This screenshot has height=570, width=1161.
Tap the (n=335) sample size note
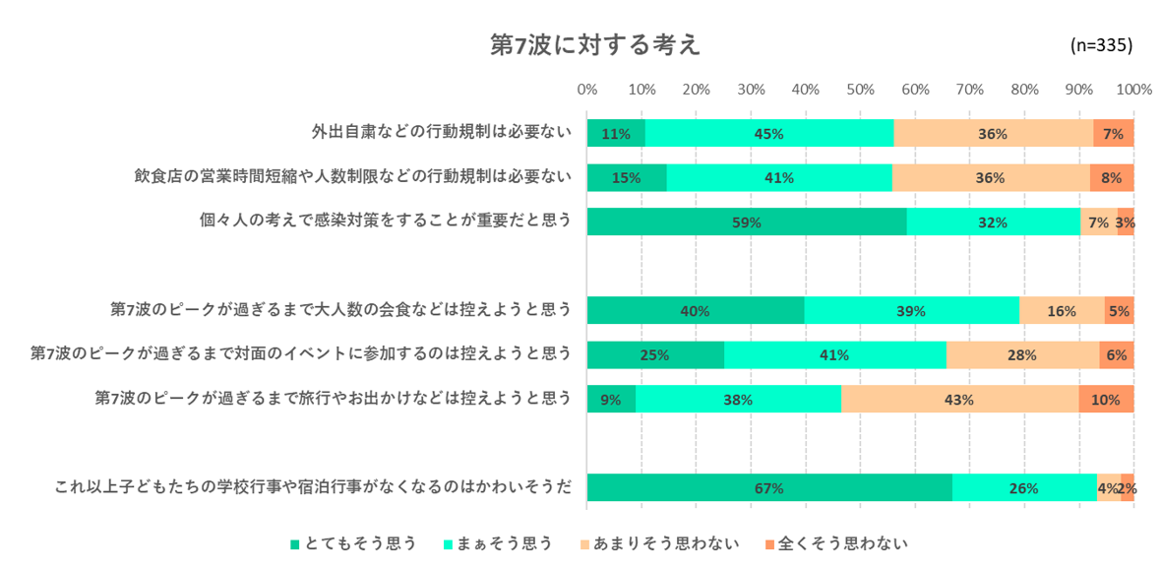1101,45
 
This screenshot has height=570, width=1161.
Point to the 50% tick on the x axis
860,90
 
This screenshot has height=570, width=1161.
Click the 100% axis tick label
1134,90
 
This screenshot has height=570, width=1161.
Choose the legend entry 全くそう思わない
835,543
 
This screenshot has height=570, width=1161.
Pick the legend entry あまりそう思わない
659,543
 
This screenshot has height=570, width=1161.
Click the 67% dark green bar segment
769,488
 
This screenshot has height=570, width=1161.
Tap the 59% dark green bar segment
747,222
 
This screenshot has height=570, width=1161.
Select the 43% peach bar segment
959,400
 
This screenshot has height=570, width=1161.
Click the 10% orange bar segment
1106,400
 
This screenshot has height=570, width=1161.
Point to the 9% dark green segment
611,400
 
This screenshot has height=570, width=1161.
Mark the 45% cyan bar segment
768,134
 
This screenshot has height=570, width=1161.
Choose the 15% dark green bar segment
627,178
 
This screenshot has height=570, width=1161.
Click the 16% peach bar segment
1062,311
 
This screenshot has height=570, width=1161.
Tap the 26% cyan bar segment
1024,488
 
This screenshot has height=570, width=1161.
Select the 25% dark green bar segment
655,355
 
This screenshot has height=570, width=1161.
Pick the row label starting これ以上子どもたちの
313,485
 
